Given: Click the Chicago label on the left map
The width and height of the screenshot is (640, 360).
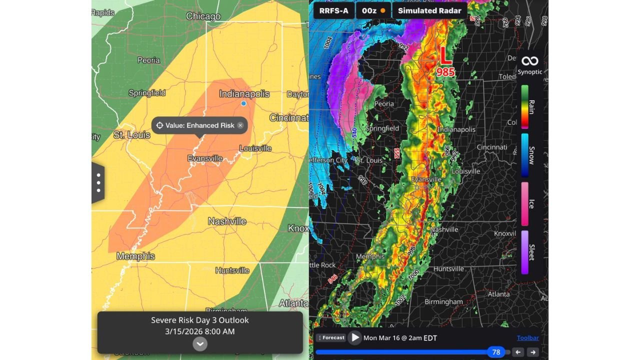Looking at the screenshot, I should click(x=203, y=16).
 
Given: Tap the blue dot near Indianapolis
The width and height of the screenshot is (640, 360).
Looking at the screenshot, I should click(x=243, y=103).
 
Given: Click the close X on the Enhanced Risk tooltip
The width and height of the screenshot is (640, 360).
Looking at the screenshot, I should click(x=240, y=125).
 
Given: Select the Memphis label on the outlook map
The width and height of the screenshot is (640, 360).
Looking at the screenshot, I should click(x=135, y=256).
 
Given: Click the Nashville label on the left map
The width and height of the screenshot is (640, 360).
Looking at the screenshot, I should click(x=227, y=221).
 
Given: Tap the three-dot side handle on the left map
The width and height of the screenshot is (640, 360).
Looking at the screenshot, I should click(x=98, y=183).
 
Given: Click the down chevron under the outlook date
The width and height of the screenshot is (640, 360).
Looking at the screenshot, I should click(x=200, y=343).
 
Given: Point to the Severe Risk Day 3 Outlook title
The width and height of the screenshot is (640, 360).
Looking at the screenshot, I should click(x=200, y=320).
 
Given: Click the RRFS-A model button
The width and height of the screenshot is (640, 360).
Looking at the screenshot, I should click(x=333, y=10).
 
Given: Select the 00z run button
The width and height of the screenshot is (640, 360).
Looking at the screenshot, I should click(x=373, y=10).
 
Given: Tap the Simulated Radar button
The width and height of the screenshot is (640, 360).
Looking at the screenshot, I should click(x=429, y=10).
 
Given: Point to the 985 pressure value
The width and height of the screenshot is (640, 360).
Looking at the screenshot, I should click(x=445, y=72).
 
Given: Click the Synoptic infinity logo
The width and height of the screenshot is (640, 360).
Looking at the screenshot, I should click(x=529, y=61).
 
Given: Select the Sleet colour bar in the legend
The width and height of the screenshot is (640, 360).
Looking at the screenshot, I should click(x=525, y=252).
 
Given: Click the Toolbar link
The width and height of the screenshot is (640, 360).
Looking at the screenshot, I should click(x=527, y=338).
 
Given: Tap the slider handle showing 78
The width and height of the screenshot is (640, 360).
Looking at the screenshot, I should click(x=496, y=352).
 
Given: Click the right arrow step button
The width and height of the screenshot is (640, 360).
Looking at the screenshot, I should click(x=533, y=352).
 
